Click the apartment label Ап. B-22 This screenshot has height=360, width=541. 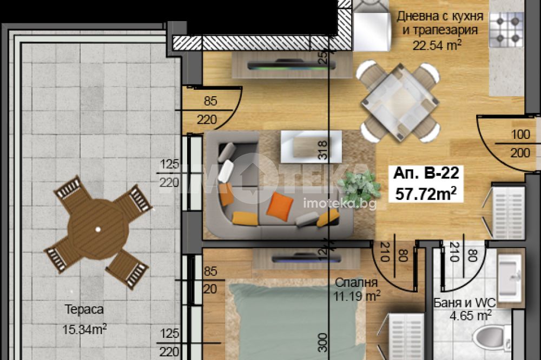tap(426, 173)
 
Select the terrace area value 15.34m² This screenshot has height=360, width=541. tap(84, 329)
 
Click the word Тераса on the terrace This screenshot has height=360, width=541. tap(84, 309)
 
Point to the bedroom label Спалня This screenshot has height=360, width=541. tap(357, 282)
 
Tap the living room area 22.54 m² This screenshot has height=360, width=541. tap(437, 45)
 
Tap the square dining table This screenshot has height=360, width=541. tap(400, 102)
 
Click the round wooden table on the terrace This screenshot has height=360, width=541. tap(98, 229)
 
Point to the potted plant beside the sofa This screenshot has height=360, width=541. tap(359, 186)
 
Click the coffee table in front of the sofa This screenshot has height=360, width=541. tap(311, 146)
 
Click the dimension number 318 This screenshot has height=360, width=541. tap(322, 150)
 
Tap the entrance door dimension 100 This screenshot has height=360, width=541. tap(520, 134)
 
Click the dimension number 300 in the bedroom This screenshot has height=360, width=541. tap(322, 342)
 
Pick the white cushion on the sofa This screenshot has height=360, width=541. tap(226, 171)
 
